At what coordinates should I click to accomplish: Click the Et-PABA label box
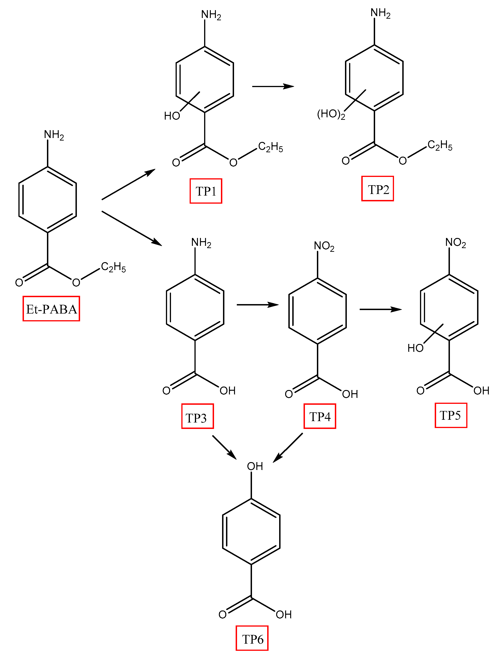point(51,309)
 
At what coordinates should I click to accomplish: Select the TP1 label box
point(206,191)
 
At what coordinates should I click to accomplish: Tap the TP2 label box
point(378,189)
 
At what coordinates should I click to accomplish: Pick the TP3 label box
point(197,416)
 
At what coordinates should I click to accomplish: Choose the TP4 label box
point(320,416)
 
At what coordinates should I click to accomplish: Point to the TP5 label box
point(451,415)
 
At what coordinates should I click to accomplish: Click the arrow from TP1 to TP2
point(273,87)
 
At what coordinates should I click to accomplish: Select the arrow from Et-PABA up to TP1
point(128,184)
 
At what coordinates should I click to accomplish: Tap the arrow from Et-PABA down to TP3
point(131,228)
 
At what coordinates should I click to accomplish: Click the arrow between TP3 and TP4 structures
point(257,305)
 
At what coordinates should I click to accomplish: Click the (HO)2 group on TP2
point(331,114)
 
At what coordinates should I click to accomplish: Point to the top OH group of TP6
point(255,466)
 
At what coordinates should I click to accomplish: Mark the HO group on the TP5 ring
point(415,348)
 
